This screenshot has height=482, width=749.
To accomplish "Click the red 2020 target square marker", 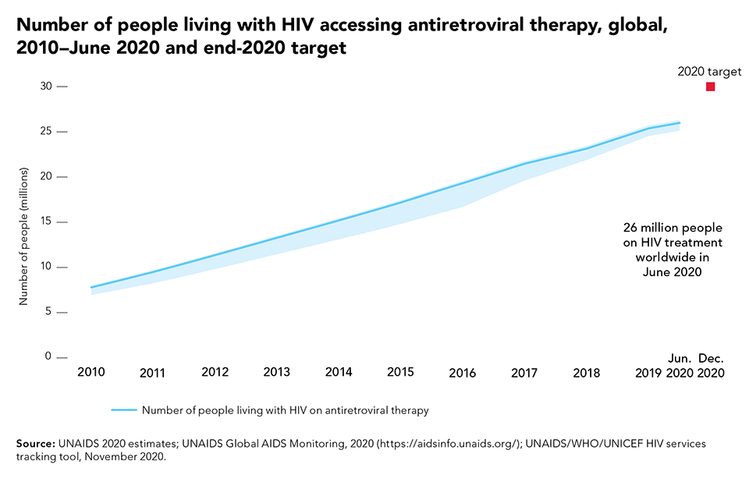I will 710,87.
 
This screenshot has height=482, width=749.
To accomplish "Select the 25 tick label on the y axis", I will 46,131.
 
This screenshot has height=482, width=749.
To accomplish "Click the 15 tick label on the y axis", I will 46,222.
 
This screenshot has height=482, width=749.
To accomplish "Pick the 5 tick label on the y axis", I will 48,312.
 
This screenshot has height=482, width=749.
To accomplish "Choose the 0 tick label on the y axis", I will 48,357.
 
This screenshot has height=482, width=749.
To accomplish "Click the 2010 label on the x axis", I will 91,372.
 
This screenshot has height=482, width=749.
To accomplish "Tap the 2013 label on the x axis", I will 276,372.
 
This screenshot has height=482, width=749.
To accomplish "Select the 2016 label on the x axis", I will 463,373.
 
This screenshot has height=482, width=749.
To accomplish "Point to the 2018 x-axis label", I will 587,373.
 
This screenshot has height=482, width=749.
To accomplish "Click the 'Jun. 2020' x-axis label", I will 680,365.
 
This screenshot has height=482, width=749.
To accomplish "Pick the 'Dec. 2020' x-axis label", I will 711,365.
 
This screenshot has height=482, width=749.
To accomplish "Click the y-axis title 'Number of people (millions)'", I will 24,235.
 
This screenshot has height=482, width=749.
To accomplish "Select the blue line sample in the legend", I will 124,409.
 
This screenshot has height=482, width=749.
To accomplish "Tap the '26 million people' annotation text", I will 673,228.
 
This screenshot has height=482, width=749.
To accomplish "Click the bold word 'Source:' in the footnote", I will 35,444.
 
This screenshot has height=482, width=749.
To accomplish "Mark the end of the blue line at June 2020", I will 679,122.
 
